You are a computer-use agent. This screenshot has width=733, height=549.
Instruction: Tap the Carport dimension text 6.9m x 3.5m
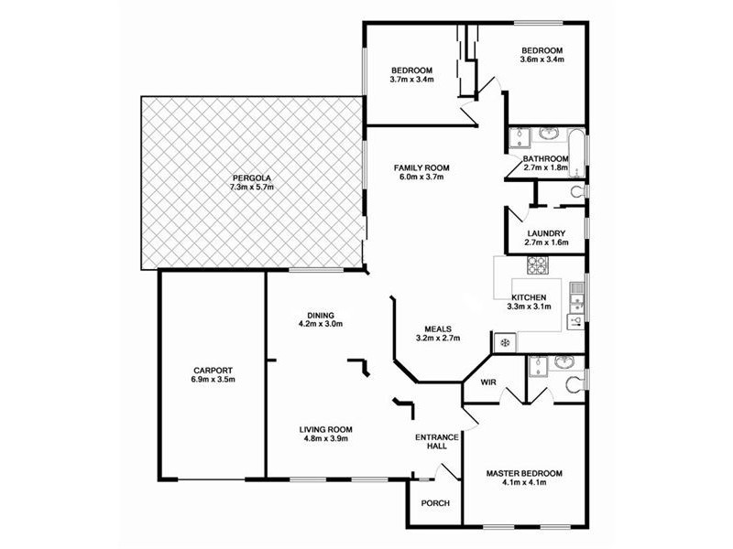click(213, 379)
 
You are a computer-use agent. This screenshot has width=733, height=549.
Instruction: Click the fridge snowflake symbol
click(503, 342)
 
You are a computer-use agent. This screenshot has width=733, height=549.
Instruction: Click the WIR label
click(487, 383)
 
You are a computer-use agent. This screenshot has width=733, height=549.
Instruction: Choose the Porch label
click(434, 504)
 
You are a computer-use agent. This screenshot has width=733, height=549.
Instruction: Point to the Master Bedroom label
click(523, 473)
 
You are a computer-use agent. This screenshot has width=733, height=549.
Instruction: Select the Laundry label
click(545, 233)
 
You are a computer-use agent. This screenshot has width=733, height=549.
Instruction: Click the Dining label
click(320, 314)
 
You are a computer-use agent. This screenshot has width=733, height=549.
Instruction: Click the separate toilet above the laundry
click(576, 192)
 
